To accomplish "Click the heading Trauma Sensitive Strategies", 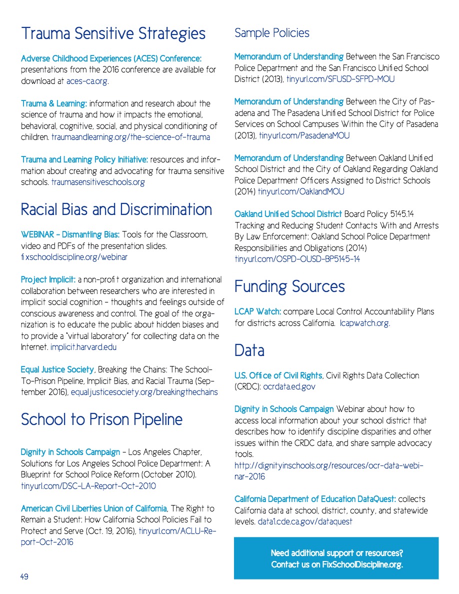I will pos(113,33).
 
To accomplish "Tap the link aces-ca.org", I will pos(87,81).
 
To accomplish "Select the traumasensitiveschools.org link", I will pos(98,182).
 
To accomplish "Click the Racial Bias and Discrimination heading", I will pos(116,209).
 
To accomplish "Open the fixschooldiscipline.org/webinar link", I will pos(74,257).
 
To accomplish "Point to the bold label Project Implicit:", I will pos(48,279).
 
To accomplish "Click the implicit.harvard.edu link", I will pos(83,347).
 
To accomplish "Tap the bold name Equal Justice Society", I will pos(57,369).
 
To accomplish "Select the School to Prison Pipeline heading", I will pos(101,419).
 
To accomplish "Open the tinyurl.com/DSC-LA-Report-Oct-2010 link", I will pos(88,486).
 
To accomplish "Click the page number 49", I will pos(24,576).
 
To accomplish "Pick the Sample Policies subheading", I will pos(271,33).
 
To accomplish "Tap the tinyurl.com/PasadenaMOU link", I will pos(304,135).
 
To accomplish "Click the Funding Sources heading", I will pos(289,286).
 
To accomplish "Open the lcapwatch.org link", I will pos(364,323).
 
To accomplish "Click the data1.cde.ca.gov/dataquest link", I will pos(305,521).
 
